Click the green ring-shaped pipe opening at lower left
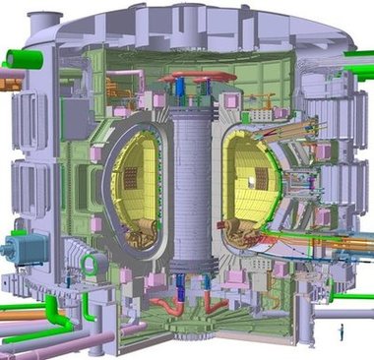pyautogui.click(x=89, y=264)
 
